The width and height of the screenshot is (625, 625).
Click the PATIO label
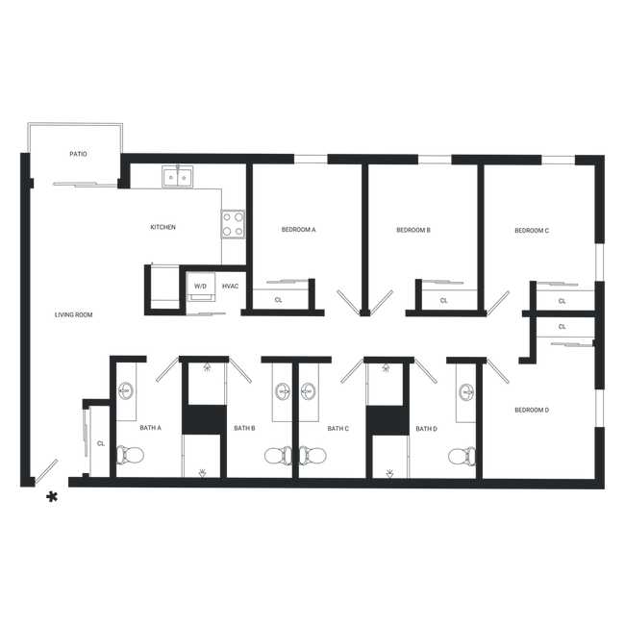78,154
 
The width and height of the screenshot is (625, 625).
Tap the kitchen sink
177,177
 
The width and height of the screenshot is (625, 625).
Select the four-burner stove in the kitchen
233,224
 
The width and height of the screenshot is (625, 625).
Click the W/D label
201,287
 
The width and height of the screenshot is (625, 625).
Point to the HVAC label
231,287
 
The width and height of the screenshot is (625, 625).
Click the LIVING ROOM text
73,314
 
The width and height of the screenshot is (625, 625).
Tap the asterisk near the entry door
52,497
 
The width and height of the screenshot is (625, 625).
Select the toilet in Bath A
130,455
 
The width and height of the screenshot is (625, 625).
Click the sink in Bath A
126,390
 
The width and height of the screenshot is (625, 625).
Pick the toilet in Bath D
462,456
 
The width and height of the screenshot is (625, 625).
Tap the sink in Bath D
466,392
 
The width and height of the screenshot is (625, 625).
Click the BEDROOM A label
298,230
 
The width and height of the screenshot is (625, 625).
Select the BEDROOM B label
413,230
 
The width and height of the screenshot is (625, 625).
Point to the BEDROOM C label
532,231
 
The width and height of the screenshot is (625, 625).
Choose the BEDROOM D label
532,410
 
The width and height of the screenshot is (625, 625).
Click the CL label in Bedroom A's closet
278,300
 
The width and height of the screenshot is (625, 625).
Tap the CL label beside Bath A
101,443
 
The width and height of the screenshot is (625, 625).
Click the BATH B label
244,428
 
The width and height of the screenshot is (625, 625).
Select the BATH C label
338,429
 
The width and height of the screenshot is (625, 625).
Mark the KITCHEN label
163,227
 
